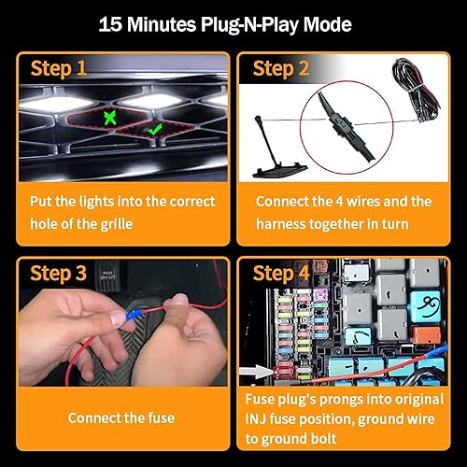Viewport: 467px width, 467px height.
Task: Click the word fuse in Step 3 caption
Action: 160,419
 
